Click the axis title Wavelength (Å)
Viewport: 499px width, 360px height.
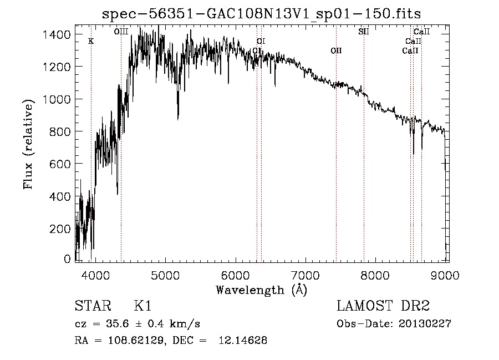(261, 290)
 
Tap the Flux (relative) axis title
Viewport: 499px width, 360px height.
(28, 144)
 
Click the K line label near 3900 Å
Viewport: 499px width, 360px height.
(91, 41)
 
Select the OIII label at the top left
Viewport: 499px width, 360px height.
(121, 32)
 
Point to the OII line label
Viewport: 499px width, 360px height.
(336, 50)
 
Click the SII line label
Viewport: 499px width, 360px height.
(364, 32)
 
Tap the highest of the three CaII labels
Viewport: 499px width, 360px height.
(422, 32)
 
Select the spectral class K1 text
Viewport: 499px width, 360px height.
(142, 306)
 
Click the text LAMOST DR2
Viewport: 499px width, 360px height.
(383, 306)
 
